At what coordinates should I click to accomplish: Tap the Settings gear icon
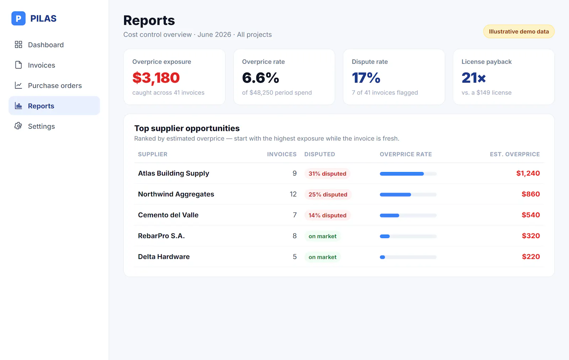click(x=18, y=126)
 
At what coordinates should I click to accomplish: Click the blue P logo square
click(x=18, y=18)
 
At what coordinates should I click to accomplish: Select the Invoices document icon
click(x=18, y=65)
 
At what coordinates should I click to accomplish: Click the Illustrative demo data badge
click(x=519, y=32)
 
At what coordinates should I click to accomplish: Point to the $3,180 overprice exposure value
click(x=156, y=78)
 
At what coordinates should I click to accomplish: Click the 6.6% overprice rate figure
click(x=260, y=78)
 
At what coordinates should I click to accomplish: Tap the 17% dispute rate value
click(x=366, y=78)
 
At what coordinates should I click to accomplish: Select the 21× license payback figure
click(x=473, y=78)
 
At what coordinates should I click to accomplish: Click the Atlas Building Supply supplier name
click(x=174, y=173)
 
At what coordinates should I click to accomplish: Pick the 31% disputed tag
click(x=327, y=174)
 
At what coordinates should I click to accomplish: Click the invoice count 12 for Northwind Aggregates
click(x=293, y=194)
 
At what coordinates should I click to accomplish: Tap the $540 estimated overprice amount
click(x=531, y=215)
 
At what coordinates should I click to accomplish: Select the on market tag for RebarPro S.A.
click(x=322, y=236)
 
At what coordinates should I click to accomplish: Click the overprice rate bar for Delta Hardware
click(x=408, y=257)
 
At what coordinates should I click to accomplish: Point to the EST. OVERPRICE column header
click(x=515, y=154)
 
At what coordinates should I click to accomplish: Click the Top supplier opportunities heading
click(x=187, y=128)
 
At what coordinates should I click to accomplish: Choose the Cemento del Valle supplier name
click(x=168, y=215)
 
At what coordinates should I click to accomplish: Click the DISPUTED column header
click(x=320, y=154)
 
